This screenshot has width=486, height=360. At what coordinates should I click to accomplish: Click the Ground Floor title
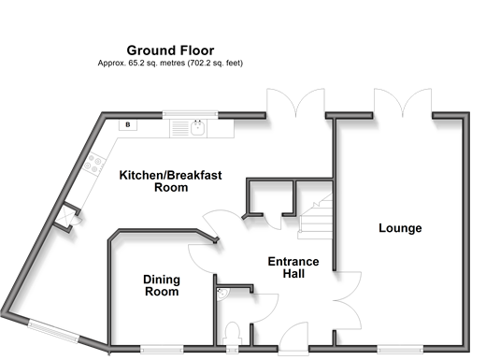click(x=170, y=50)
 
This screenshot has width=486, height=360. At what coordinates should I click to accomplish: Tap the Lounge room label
click(x=400, y=228)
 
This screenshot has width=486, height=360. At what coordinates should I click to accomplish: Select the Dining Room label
click(x=162, y=285)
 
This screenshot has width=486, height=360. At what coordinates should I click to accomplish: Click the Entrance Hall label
click(x=293, y=267)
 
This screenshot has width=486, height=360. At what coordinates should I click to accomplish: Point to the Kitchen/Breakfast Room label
click(x=171, y=181)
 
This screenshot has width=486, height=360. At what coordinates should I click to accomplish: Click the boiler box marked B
click(x=128, y=125)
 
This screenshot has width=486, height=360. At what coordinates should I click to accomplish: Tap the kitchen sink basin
click(x=197, y=128)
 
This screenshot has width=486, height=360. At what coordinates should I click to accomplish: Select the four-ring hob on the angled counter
click(x=93, y=164)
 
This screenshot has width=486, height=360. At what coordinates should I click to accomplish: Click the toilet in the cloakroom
click(x=233, y=332)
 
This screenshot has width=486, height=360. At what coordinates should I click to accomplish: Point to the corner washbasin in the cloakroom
click(x=222, y=294)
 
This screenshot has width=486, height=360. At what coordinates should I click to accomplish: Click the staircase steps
click(x=315, y=216)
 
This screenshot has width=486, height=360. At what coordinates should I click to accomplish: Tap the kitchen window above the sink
click(x=190, y=115)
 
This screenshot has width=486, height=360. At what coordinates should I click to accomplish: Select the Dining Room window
click(x=162, y=349)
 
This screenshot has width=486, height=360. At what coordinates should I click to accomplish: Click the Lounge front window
click(x=400, y=349)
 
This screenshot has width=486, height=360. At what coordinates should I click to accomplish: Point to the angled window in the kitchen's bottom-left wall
click(x=53, y=332)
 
